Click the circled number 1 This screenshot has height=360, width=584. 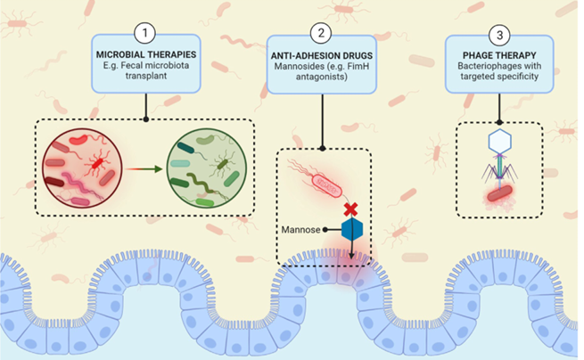[144, 33]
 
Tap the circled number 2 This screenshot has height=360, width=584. [321, 33]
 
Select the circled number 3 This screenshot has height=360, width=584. [499, 35]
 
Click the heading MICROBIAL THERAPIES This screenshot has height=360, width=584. [146, 54]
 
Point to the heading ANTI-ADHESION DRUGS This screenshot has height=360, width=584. [322, 55]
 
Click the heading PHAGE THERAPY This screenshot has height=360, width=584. [499, 55]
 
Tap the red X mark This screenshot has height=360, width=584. [351, 209]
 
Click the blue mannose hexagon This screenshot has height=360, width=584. [352, 230]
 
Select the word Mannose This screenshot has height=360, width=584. [300, 230]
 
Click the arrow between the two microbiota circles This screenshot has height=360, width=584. [144, 169]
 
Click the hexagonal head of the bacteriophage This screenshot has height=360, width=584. [499, 141]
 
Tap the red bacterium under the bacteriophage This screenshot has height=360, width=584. [500, 193]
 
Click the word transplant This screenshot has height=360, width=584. [146, 76]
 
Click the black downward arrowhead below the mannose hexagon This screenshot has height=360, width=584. [351, 256]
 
